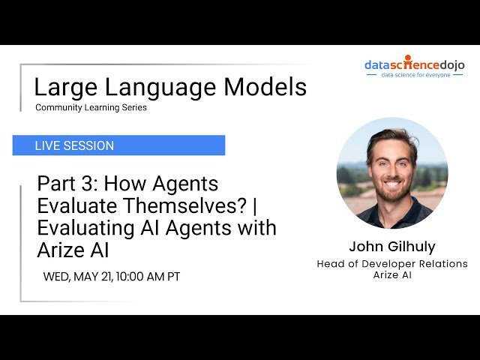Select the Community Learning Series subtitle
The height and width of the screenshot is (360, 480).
[91, 108]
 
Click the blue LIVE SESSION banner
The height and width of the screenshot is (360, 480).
[118, 145]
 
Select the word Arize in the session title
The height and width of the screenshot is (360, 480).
[64, 249]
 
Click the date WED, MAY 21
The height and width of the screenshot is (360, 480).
[77, 277]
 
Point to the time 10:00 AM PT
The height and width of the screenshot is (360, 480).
[148, 277]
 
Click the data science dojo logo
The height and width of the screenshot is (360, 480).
[414, 64]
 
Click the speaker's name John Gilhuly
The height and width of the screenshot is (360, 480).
[391, 247]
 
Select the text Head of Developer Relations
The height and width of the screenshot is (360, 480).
[391, 264]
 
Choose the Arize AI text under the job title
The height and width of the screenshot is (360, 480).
[391, 274]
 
